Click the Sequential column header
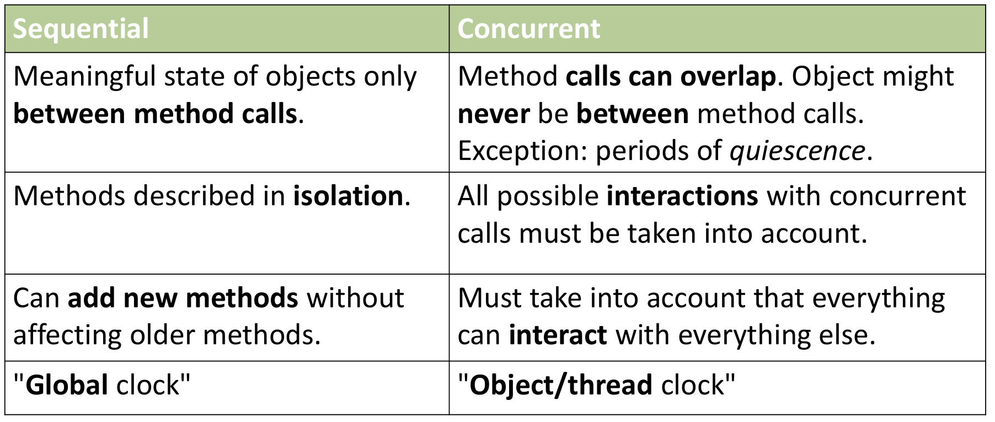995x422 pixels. [81, 29]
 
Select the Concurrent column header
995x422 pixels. [528, 29]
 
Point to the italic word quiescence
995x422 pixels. [797, 151]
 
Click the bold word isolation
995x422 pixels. [348, 196]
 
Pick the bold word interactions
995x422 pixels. [682, 196]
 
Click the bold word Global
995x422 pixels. [67, 385]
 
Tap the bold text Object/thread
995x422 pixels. [561, 386]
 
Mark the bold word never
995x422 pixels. [494, 115]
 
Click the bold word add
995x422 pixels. [92, 298]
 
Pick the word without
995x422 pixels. [355, 298]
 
